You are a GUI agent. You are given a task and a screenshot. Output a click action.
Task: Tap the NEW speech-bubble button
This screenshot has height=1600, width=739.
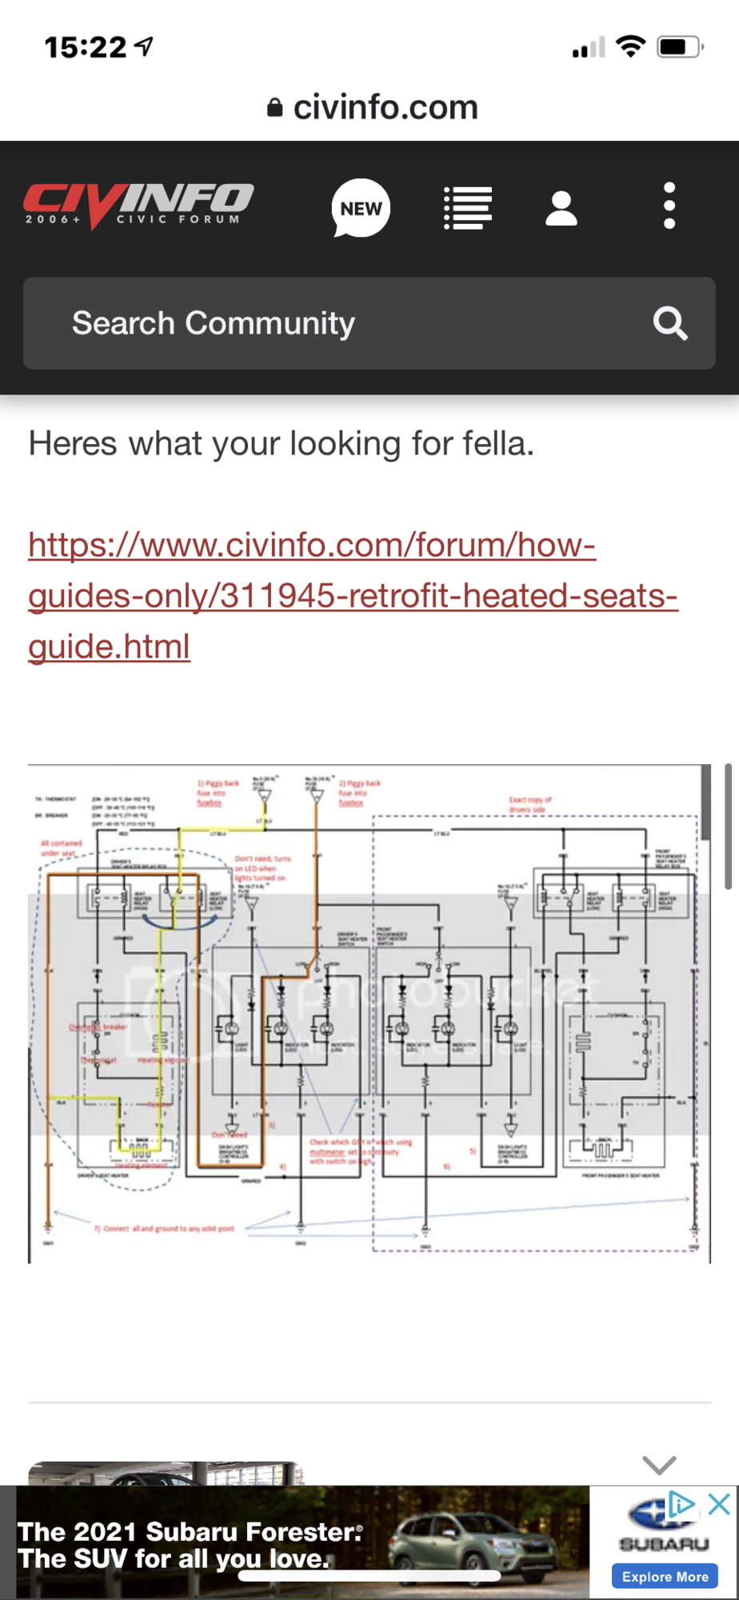coord(361,208)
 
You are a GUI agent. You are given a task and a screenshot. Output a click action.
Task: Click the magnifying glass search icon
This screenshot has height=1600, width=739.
coord(670,323)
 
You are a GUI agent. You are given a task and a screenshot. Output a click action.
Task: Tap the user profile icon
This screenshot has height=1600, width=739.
coord(561,208)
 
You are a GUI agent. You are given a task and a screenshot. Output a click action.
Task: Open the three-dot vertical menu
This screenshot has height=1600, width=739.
coord(669,206)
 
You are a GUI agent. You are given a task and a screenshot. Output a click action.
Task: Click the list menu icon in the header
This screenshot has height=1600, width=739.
coord(468,208)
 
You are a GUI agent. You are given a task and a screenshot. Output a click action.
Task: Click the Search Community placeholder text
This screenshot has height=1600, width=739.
coord(214,323)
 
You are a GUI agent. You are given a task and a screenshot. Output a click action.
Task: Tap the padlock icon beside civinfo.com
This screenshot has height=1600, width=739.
coord(274,107)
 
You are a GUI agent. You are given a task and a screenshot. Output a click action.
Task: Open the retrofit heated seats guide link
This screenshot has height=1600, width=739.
coord(352,595)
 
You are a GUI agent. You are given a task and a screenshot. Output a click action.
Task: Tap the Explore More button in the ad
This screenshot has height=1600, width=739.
coord(665,1577)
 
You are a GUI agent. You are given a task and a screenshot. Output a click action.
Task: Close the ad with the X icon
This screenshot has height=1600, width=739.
coord(719,1504)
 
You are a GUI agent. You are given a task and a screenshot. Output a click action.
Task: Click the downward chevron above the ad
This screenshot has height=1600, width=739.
coord(660,1464)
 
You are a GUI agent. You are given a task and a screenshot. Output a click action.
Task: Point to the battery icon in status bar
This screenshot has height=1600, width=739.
coord(678,47)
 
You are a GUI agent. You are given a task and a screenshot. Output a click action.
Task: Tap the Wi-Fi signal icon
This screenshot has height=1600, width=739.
coord(630,47)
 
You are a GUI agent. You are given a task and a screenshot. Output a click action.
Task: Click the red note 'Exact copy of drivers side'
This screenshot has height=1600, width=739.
coord(529,804)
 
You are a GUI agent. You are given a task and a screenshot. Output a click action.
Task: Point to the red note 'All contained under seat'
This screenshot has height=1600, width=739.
coord(62,847)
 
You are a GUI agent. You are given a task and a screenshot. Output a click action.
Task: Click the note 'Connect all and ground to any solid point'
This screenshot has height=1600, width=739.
coord(168,1228)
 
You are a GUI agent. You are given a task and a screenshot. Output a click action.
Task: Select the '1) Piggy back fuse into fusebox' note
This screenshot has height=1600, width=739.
coord(218,793)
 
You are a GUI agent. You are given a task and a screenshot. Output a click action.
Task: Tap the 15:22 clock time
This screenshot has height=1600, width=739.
coord(86,48)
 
